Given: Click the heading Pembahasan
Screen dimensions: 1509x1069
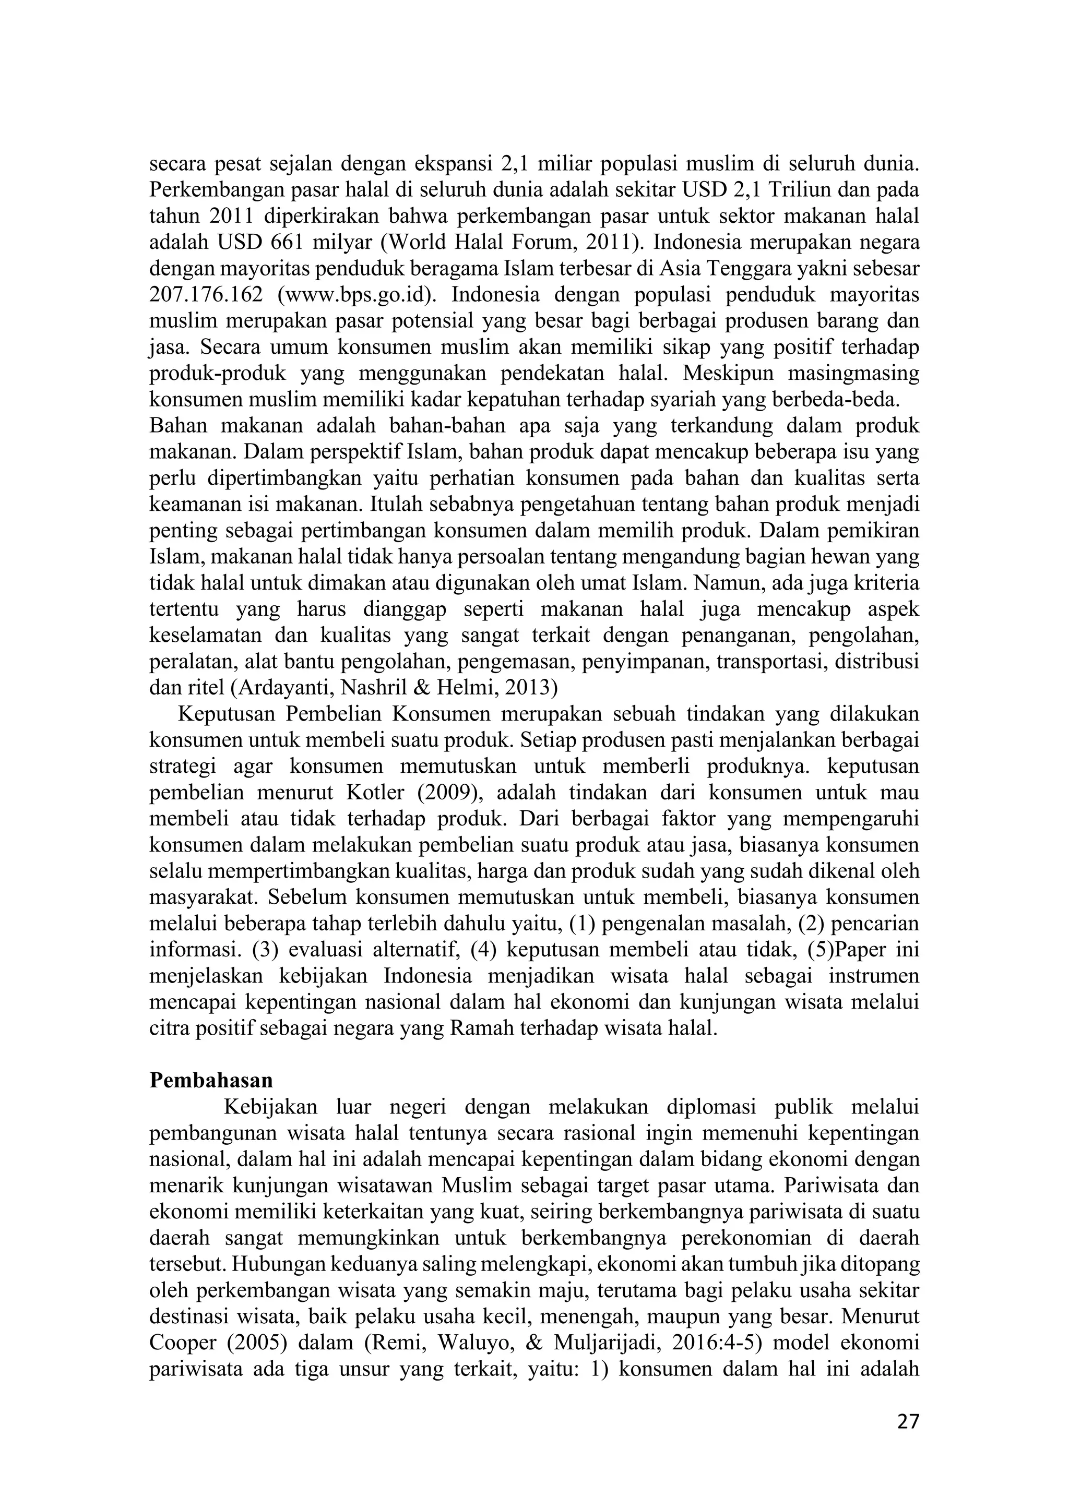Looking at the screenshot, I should [x=211, y=1081].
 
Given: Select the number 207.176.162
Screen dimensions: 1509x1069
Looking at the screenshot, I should [x=205, y=294].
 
